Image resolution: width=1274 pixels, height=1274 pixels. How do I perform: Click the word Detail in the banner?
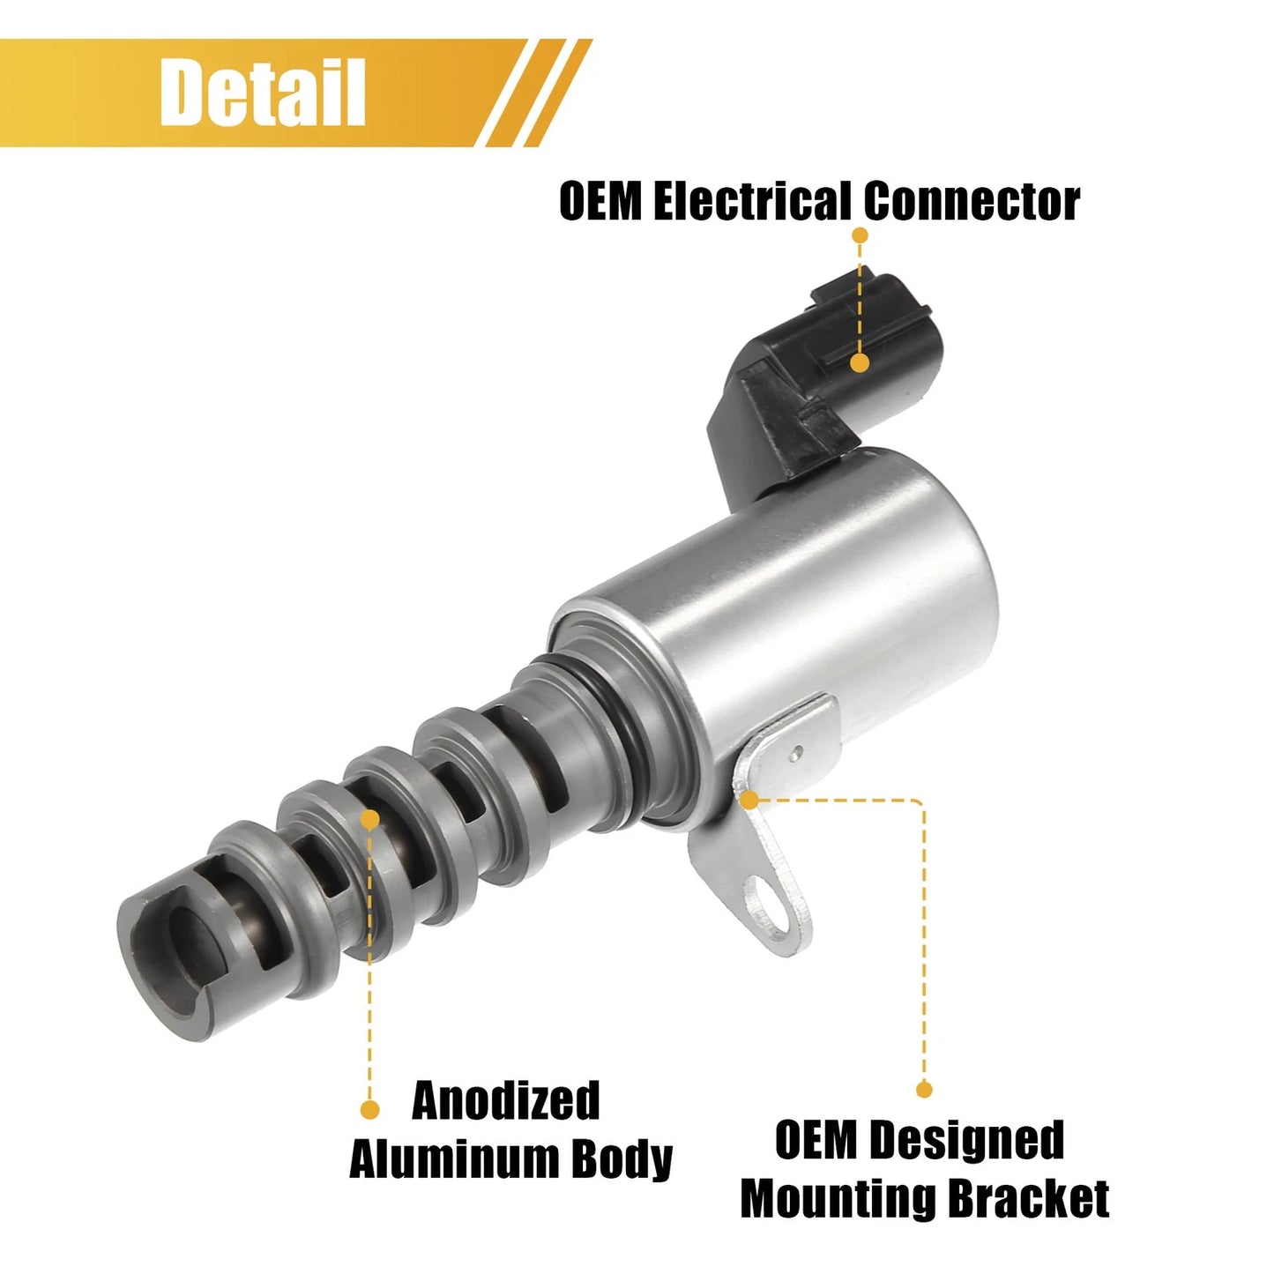pyautogui.click(x=263, y=92)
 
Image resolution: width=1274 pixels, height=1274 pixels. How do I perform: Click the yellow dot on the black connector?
pyautogui.click(x=860, y=362)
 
